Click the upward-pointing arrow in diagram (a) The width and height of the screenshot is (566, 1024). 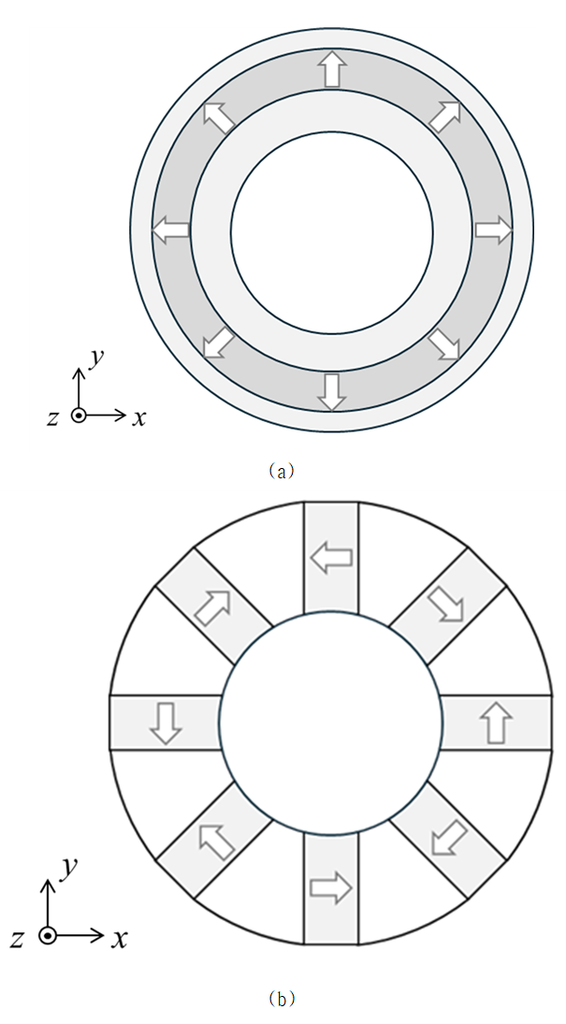[332, 70]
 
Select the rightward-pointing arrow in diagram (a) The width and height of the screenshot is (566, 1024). [493, 230]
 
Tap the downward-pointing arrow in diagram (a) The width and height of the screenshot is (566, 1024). [332, 392]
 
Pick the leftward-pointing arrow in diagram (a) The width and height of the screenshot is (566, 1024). [171, 230]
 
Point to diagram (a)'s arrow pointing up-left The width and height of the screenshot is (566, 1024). [219, 117]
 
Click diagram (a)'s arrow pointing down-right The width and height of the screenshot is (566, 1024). [444, 344]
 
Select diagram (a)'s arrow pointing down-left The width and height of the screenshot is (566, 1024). [219, 344]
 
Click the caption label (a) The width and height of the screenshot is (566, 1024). [282, 471]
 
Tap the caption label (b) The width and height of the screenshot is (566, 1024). [282, 999]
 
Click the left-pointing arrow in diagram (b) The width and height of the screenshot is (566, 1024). [331, 558]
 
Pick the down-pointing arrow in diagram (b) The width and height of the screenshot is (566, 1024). [166, 724]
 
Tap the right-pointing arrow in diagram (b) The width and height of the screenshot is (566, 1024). [331, 888]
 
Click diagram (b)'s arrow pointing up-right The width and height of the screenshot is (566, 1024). [213, 607]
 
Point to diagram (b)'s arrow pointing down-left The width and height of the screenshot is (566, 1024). [449, 838]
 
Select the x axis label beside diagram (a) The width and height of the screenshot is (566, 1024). [138, 418]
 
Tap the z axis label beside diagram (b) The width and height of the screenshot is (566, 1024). [19, 939]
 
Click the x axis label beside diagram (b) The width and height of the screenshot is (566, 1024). [119, 939]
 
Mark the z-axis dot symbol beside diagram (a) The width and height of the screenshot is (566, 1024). [79, 416]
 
